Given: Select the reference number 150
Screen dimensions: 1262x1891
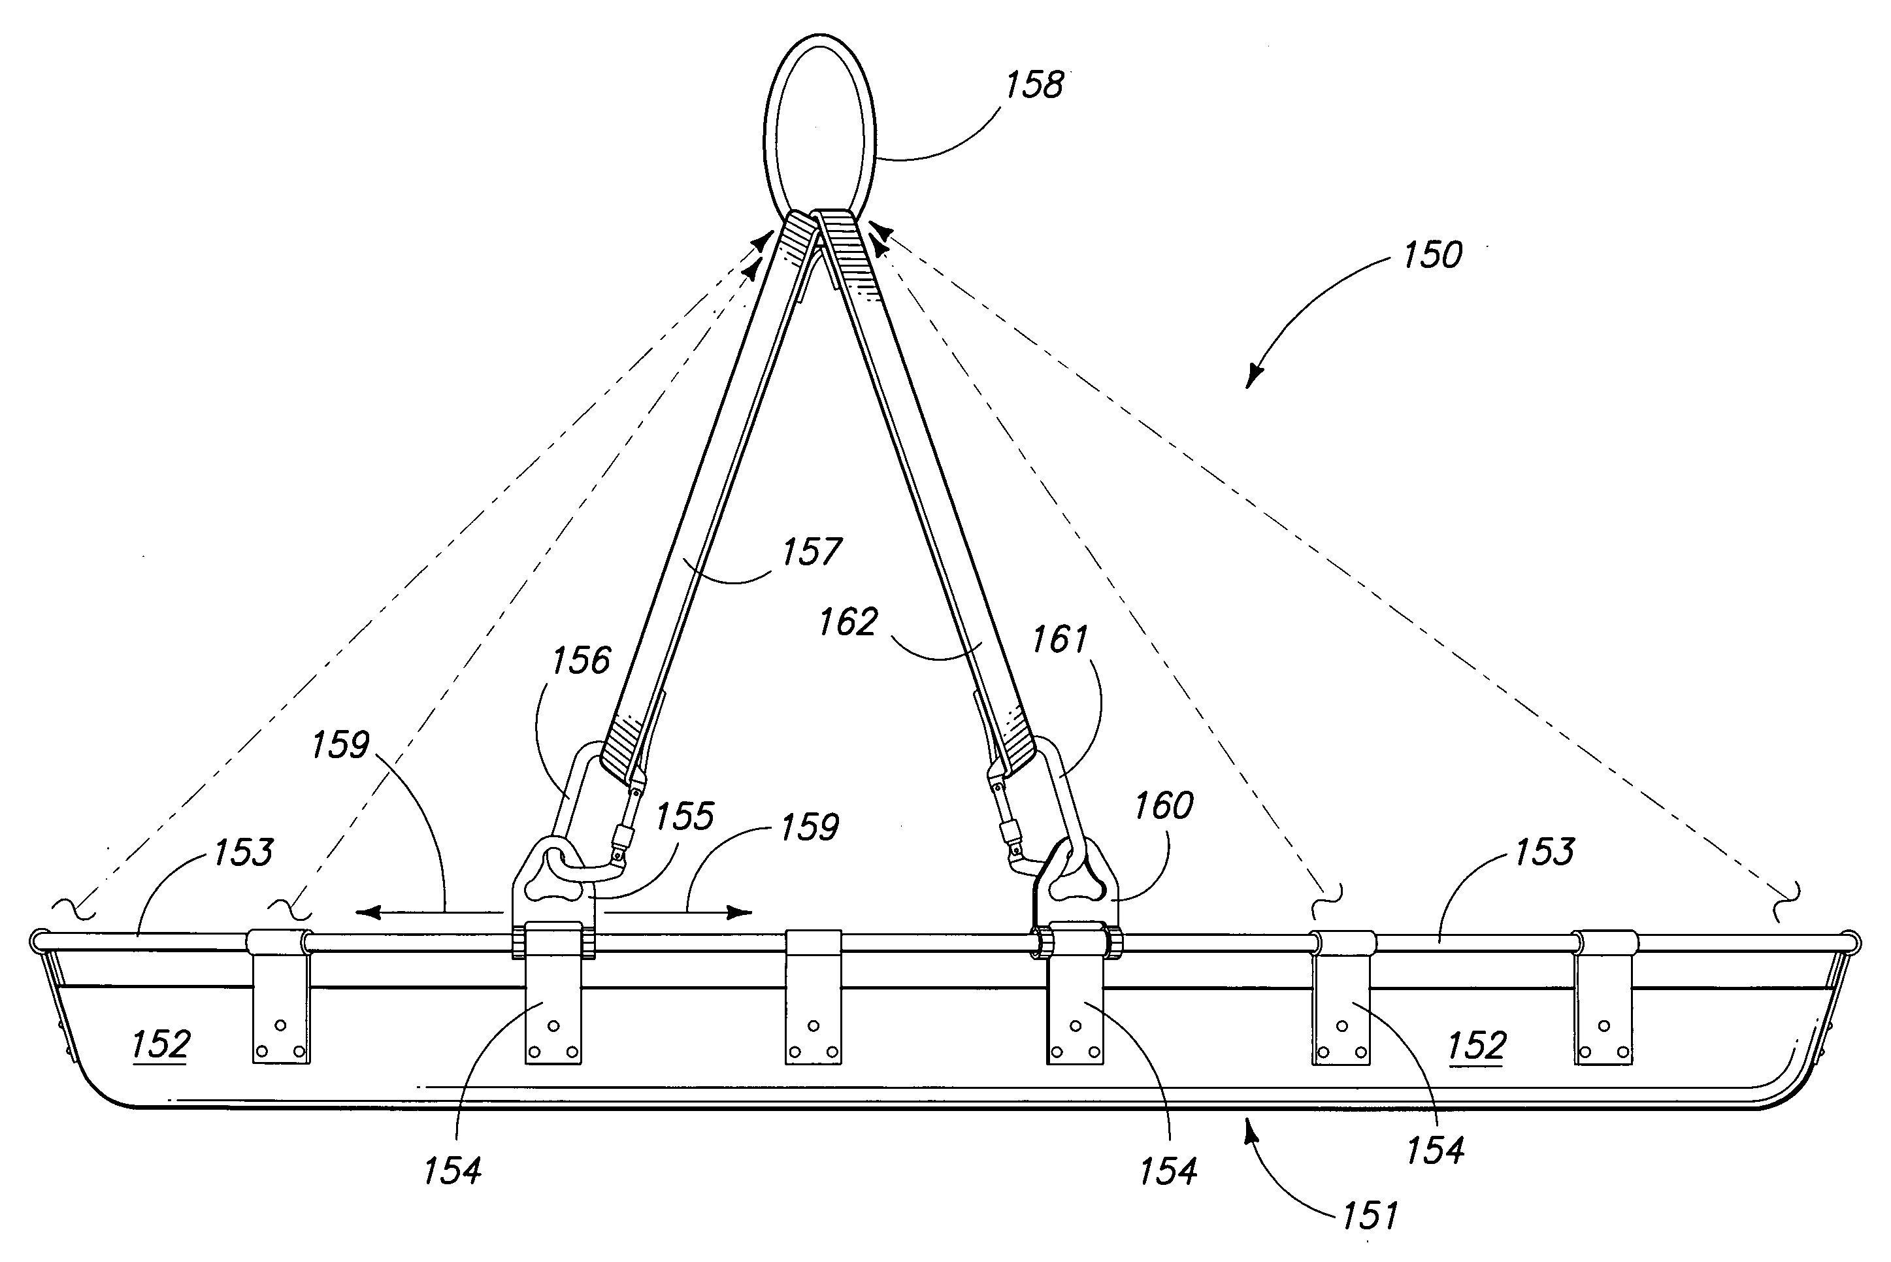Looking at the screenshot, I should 1432,255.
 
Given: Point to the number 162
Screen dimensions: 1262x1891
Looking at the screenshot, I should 848,622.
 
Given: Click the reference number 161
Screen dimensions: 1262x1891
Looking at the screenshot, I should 1060,640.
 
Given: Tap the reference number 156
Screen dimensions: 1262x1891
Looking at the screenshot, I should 581,661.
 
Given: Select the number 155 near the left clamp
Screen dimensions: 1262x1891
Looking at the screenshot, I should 684,817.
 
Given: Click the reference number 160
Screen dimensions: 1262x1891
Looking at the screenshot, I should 1163,806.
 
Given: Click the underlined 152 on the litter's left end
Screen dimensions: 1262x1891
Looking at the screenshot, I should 160,1044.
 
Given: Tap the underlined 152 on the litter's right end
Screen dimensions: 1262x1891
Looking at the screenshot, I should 1476,1046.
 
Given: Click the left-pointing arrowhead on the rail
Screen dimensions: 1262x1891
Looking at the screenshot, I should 369,912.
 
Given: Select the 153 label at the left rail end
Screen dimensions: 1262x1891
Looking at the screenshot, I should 243,852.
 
